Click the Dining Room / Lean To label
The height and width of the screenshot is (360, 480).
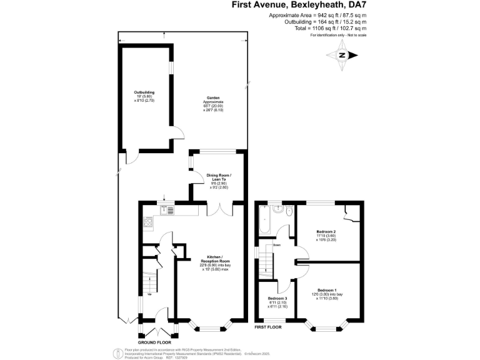tap(219, 181)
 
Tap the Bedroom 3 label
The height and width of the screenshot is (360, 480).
tap(274, 301)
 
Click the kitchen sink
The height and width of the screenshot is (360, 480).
tap(166, 209)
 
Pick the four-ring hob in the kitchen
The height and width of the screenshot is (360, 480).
tap(149, 222)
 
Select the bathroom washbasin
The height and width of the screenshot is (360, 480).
tap(276, 207)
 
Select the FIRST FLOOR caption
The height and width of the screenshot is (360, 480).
tap(268, 327)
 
